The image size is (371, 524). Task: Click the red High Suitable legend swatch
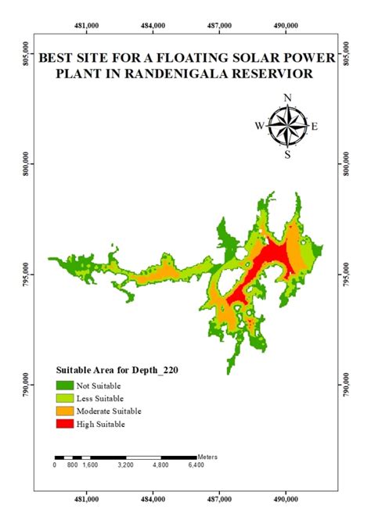(x=63, y=424)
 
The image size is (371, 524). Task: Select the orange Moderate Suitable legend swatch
(x=63, y=411)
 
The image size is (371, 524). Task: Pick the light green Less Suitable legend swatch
(x=63, y=398)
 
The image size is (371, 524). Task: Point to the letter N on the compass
(x=287, y=98)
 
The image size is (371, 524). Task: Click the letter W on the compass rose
(x=259, y=125)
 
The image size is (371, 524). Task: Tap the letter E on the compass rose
(x=315, y=125)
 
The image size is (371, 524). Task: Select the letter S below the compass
(x=287, y=154)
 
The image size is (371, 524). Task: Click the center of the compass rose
(x=287, y=125)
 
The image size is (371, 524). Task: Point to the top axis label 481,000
(x=87, y=25)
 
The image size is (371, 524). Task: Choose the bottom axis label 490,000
(x=286, y=497)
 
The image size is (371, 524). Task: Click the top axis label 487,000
(x=220, y=25)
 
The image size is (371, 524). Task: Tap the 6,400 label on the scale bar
(x=196, y=465)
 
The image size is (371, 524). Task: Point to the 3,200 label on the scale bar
(x=126, y=465)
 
